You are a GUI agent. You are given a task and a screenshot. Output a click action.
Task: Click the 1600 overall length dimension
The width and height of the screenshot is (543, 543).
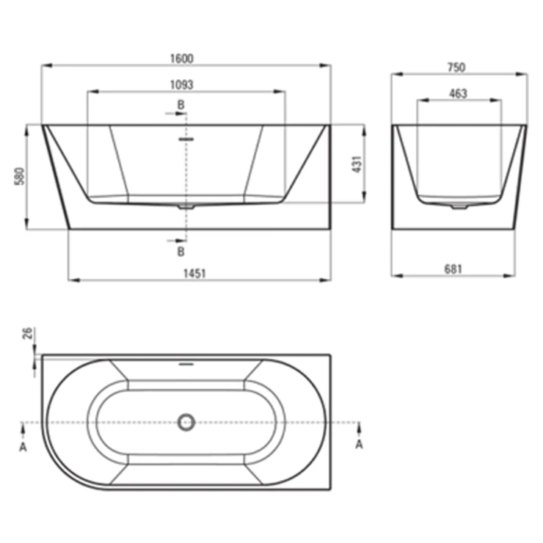coord(182,59)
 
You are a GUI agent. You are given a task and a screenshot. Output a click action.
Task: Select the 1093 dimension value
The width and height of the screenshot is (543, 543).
coord(182,85)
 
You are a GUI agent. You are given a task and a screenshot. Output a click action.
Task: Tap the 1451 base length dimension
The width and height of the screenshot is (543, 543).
coord(194,274)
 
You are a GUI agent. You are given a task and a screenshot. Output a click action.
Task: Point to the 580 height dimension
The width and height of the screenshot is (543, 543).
coord(20,176)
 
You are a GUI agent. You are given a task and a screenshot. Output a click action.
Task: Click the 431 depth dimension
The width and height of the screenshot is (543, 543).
coord(357,164)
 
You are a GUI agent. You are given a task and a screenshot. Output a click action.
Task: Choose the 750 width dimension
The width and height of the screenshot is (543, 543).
coord(456,68)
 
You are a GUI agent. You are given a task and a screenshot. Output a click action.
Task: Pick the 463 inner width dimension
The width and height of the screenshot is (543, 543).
coord(458,93)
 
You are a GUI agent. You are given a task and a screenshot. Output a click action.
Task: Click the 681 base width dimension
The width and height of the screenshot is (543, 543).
coord(453,269)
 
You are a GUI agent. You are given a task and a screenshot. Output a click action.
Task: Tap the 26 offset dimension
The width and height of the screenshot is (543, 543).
coord(27,333)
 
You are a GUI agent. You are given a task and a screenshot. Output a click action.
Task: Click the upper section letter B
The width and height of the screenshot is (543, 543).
coord(181,105)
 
